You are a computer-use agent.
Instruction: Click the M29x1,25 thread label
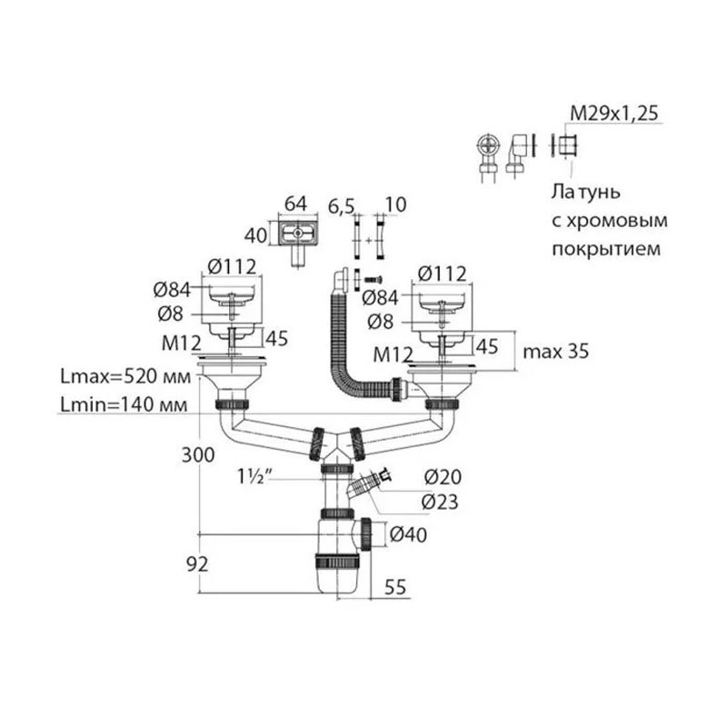pos(613,114)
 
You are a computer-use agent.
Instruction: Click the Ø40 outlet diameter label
pos(409,533)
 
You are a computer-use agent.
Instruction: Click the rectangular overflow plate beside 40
pos(297,235)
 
